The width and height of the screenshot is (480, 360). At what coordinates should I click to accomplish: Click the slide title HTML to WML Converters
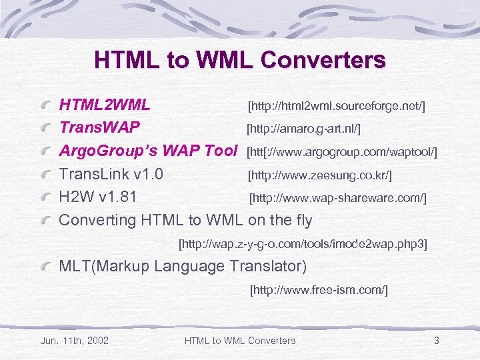240,61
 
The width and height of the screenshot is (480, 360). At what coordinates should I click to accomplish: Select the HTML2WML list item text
105,105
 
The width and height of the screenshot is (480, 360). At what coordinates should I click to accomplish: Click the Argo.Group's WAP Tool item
149,151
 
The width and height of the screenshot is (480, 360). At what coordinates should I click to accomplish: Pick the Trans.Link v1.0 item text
111,175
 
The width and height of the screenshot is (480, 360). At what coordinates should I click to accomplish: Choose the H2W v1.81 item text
98,197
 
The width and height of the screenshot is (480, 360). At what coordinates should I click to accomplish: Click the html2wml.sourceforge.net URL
337,106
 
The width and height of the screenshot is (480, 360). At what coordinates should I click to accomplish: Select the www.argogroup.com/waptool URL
342,152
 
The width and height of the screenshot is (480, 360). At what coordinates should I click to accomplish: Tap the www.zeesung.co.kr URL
319,176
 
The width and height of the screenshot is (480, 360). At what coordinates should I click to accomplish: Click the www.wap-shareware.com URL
337,199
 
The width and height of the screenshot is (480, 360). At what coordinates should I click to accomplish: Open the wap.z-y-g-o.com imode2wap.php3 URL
303,244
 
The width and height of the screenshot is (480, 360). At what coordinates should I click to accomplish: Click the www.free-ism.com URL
319,290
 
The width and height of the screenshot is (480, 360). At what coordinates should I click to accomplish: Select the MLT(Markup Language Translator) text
183,267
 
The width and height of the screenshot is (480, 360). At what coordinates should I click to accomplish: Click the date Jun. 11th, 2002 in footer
75,341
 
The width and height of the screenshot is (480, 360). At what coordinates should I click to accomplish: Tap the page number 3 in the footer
436,341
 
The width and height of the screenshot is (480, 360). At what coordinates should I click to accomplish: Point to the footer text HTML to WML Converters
239,341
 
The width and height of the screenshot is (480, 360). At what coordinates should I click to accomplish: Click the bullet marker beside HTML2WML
45,106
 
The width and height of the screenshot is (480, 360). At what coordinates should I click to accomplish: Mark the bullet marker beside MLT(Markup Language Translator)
45,267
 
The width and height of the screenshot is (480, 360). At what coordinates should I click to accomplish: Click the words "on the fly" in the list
280,220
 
